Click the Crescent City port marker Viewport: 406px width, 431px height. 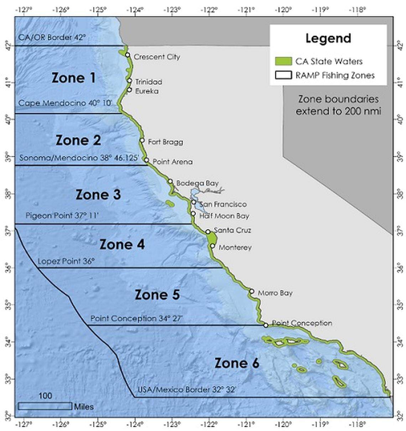(x=127, y=55)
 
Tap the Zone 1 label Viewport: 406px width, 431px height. (x=74, y=78)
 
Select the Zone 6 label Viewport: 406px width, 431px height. (x=236, y=363)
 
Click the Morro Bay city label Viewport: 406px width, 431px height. (x=275, y=293)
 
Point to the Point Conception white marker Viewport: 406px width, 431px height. (x=266, y=325)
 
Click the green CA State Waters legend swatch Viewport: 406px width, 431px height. (x=283, y=61)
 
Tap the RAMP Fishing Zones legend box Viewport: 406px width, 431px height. (x=283, y=75)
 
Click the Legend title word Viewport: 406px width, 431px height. (x=328, y=39)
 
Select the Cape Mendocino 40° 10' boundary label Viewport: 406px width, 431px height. (x=65, y=103)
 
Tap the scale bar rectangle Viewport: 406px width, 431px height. (x=45, y=406)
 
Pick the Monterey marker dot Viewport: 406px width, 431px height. (x=213, y=246)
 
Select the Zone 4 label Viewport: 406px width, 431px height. (x=122, y=245)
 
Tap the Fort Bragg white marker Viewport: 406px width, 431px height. (x=142, y=141)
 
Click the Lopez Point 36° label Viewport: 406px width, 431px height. (x=66, y=261)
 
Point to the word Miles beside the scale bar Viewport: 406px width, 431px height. (x=84, y=407)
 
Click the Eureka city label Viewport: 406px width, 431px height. (x=147, y=91)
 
